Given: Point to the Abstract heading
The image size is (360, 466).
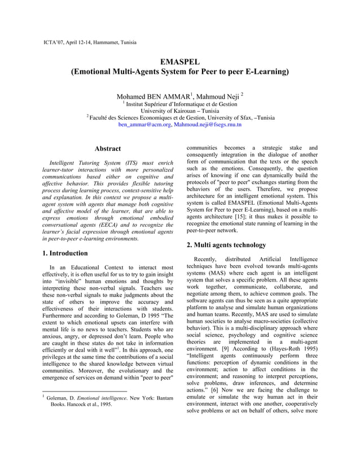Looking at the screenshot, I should tap(107, 149).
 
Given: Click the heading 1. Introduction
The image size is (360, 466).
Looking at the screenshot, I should tap(65, 253).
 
